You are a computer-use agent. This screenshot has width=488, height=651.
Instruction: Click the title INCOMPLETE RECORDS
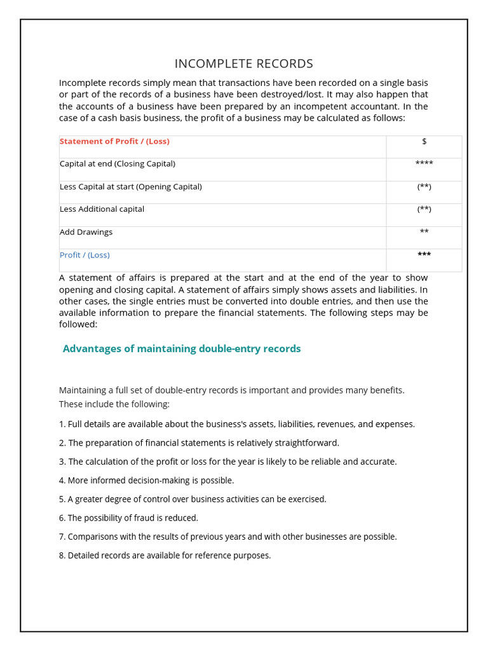243,64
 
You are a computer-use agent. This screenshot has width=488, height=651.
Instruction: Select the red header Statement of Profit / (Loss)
114,141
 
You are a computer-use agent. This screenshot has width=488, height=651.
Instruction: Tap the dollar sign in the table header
424,141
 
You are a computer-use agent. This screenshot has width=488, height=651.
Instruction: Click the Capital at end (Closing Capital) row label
117,163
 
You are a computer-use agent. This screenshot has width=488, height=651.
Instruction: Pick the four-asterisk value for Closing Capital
424,164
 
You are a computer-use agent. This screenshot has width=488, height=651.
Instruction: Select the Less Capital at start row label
130,186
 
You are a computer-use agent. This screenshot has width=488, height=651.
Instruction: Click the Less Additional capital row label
102,209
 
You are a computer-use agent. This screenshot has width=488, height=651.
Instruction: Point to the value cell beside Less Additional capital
424,209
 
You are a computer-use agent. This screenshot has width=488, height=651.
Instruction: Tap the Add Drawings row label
86,232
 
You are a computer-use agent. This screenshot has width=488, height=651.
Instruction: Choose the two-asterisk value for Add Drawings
424,232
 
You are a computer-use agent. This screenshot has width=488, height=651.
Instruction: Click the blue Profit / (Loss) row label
85,255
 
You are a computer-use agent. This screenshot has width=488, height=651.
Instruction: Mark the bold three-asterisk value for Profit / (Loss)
424,255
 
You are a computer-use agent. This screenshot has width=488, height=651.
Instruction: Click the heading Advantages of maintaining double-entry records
182,348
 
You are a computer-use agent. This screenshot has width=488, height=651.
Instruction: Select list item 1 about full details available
236,424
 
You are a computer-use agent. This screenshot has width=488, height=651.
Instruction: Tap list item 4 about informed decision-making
146,481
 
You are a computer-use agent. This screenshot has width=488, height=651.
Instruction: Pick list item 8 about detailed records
165,556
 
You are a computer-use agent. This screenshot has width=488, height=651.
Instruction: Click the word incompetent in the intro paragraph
324,106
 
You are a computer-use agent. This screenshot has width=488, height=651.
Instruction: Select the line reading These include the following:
114,404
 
